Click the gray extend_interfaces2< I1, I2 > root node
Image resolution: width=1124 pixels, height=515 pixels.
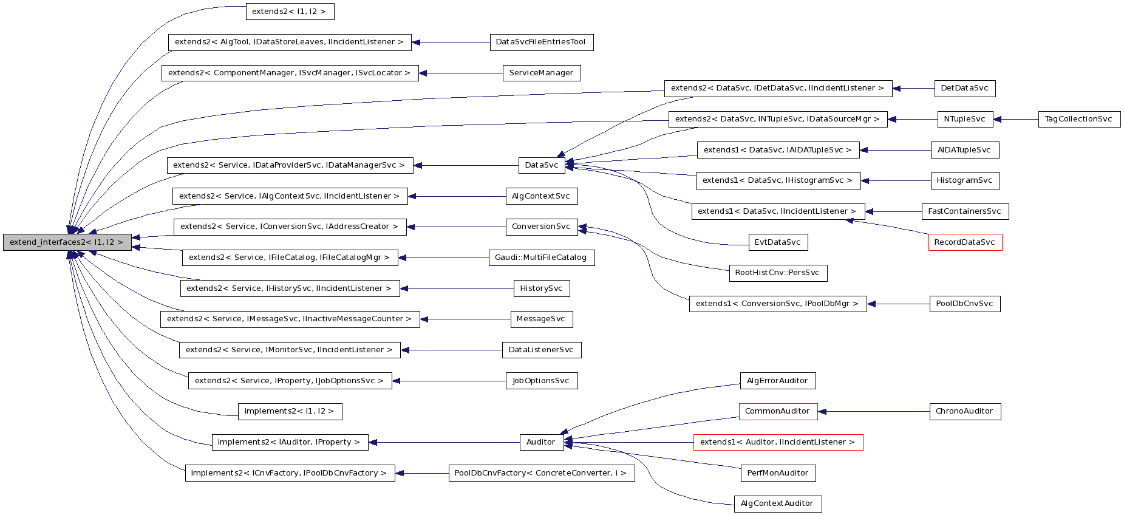67,242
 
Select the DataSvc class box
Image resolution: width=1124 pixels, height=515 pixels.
542,165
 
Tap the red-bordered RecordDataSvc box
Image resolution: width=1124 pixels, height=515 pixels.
964,242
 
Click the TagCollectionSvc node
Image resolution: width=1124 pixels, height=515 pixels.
1078,119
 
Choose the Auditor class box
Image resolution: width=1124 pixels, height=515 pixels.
540,442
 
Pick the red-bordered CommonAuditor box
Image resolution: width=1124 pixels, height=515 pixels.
777,411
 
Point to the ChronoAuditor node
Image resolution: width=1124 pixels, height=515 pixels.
964,411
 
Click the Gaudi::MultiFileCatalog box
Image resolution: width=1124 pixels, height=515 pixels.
540,257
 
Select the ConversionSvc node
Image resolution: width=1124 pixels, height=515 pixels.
541,227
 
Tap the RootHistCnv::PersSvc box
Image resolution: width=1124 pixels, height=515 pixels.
777,273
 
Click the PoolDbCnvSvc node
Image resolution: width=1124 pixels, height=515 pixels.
964,304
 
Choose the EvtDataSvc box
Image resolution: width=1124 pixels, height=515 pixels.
777,242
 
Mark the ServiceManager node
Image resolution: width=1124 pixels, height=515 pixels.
541,73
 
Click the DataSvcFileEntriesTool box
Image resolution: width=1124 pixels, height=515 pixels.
540,42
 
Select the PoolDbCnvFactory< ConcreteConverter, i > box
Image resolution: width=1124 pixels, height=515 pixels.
540,473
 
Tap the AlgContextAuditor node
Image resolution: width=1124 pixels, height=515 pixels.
777,503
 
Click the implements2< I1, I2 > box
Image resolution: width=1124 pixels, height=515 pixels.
289,411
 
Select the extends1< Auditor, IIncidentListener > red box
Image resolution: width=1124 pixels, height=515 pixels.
777,442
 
